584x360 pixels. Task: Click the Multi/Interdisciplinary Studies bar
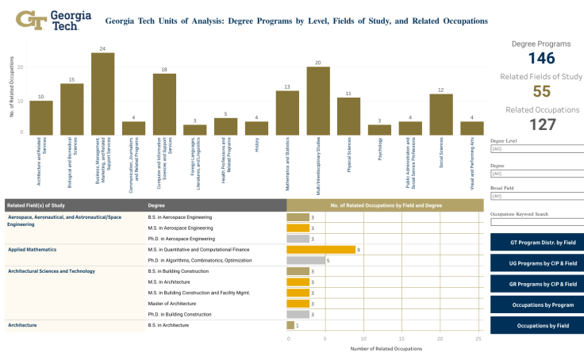point(318,100)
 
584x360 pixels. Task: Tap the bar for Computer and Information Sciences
point(164,104)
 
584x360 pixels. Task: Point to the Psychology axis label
point(380,149)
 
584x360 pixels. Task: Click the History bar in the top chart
point(256,127)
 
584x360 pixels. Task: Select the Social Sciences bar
point(441,113)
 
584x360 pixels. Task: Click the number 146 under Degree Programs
point(542,58)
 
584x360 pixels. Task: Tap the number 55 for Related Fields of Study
point(542,91)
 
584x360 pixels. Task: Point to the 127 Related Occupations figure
point(542,124)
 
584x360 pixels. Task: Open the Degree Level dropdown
point(537,148)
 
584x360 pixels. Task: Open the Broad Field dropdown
point(537,195)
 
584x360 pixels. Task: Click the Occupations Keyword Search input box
point(537,222)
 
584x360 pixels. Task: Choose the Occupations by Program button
point(537,304)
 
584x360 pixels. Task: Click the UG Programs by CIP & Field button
point(537,262)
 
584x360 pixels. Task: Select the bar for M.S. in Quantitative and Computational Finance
point(321,249)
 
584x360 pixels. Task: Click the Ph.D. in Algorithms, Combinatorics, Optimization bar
point(305,260)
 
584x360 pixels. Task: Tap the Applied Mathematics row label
point(30,249)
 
